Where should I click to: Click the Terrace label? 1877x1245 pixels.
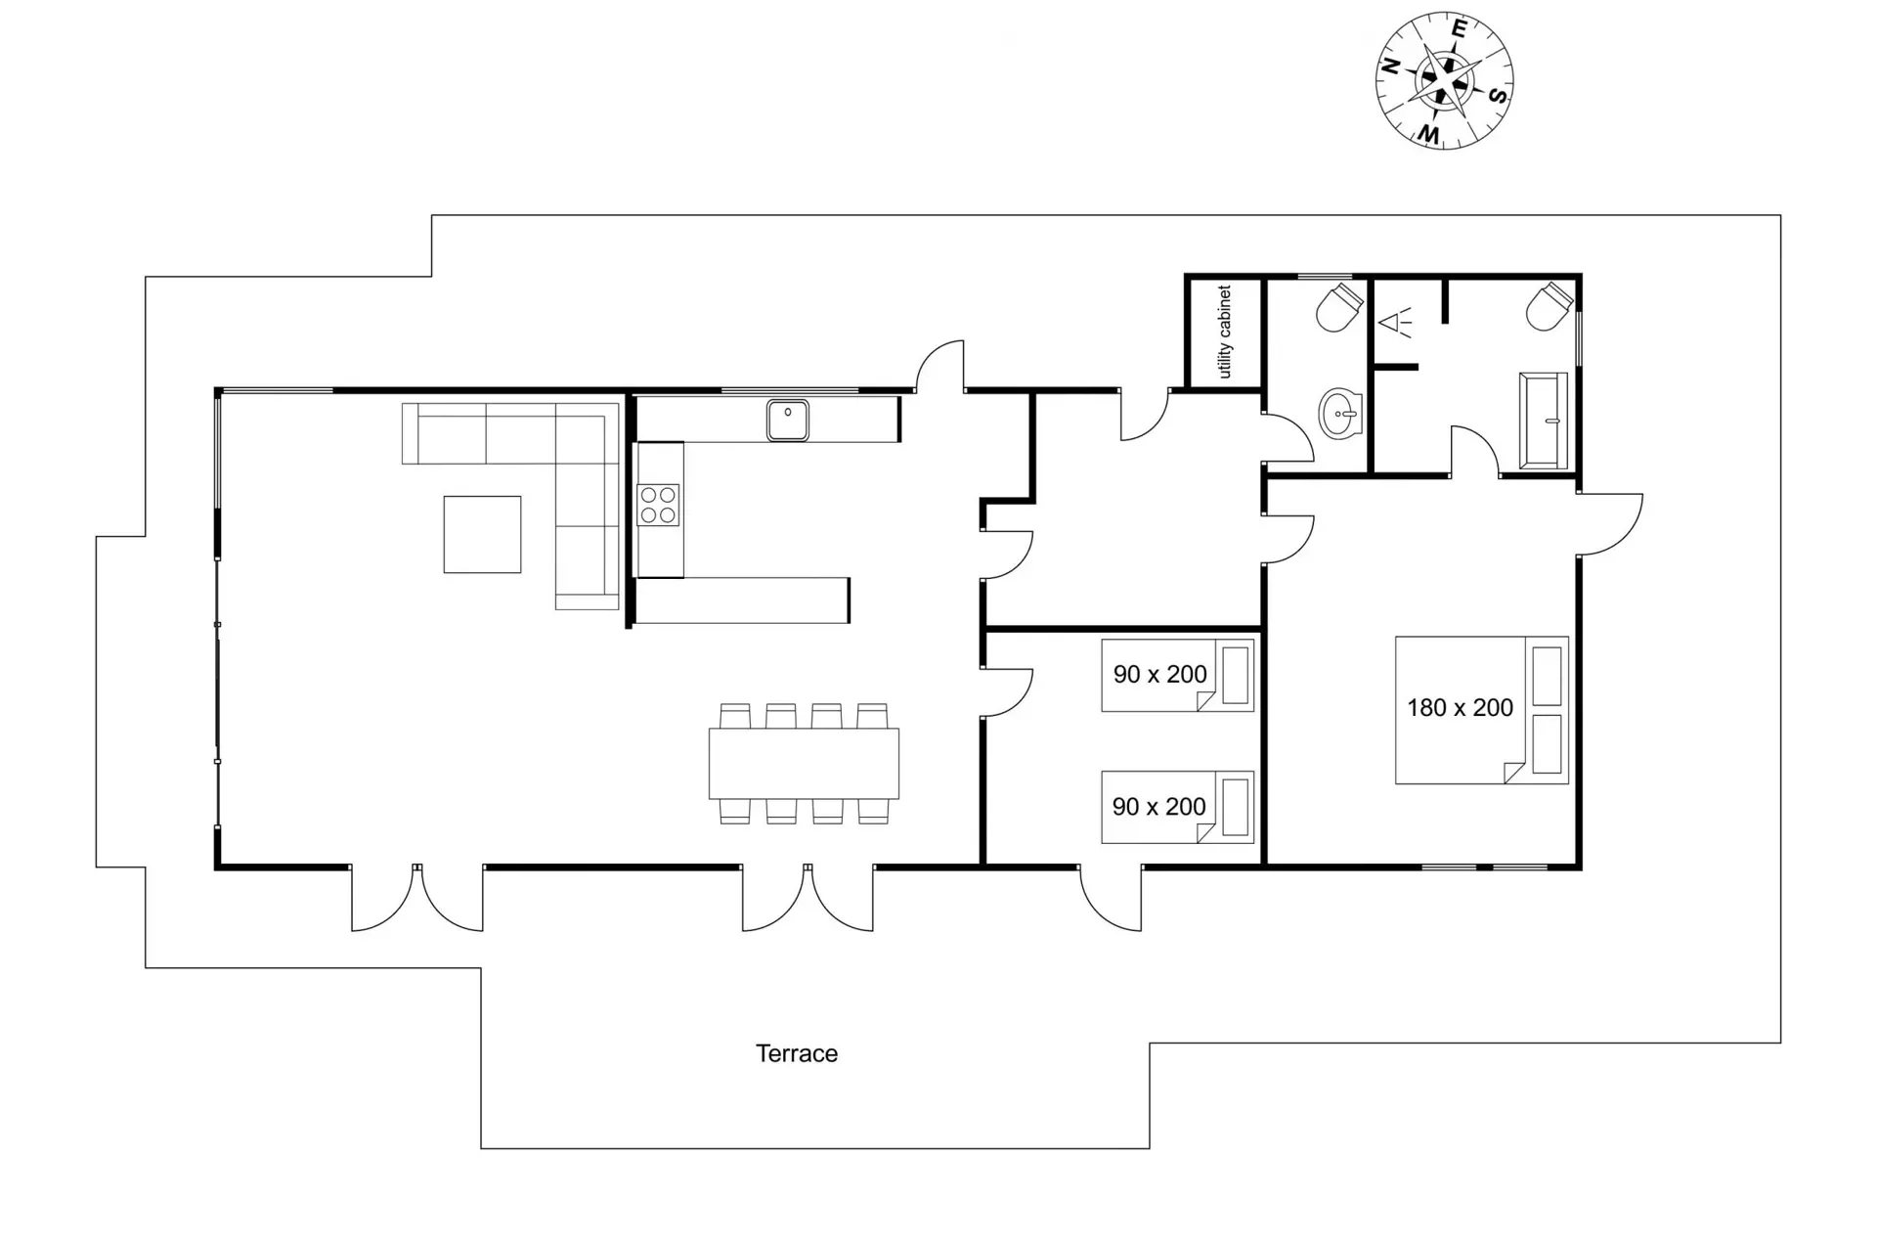tap(797, 1053)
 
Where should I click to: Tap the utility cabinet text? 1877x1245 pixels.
tap(1225, 333)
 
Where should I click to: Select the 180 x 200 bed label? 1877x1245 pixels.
tap(1460, 708)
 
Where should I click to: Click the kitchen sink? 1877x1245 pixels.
tap(787, 421)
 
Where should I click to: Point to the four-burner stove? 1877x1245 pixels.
tap(658, 505)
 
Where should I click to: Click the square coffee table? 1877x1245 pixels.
tap(482, 534)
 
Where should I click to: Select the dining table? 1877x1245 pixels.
tap(804, 764)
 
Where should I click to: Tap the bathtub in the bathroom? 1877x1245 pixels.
tap(1544, 421)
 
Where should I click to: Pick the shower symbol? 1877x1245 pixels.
tap(1395, 322)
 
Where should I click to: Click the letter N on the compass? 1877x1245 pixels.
tap(1389, 67)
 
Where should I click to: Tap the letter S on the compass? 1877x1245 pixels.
tap(1498, 95)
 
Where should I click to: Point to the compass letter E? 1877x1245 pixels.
tap(1459, 29)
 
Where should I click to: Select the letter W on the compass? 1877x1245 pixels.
tap(1429, 133)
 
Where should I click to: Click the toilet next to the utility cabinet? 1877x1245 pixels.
tap(1338, 306)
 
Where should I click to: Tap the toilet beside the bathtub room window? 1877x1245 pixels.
tap(1550, 306)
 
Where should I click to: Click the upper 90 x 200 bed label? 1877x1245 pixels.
tap(1159, 674)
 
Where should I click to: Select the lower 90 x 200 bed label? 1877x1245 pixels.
tap(1159, 807)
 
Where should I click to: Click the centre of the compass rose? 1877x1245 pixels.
tap(1444, 81)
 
